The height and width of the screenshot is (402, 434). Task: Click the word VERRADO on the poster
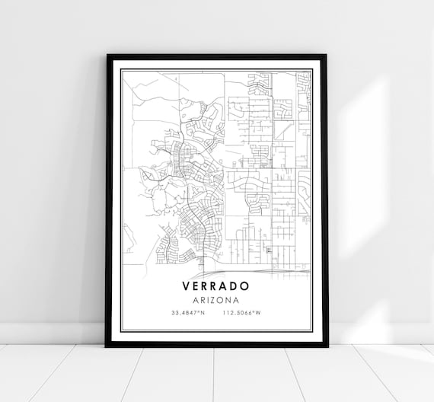(x=216, y=287)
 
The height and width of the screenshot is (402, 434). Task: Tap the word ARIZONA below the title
(x=216, y=300)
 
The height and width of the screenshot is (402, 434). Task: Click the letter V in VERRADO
(x=187, y=287)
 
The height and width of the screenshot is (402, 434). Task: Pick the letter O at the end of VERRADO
(x=246, y=287)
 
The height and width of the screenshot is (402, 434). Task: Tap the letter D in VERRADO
(x=236, y=287)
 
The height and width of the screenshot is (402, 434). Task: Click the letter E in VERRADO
(x=197, y=287)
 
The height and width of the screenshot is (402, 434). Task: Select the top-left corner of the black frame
(x=107, y=56)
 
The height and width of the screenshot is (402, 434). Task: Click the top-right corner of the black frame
(x=327, y=56)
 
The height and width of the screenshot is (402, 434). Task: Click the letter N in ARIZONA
(x=228, y=300)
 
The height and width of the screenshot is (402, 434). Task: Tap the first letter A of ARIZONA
(x=196, y=300)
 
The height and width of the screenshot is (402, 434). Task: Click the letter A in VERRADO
(x=226, y=287)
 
